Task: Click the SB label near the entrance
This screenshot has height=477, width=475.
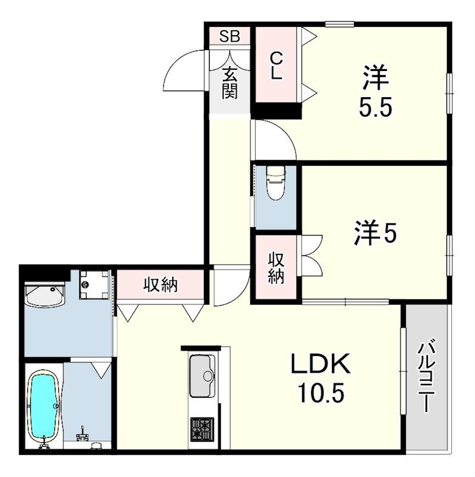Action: point(229,36)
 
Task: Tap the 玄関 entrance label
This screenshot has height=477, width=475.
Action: point(229,83)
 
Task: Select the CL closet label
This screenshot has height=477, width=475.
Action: point(275,66)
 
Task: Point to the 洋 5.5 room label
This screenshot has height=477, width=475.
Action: point(376,92)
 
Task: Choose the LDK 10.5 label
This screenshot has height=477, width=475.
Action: point(322,378)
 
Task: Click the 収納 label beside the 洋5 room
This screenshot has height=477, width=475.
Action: point(275,268)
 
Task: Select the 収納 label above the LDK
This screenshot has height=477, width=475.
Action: point(160,285)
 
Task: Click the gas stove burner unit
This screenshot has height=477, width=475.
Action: point(202,428)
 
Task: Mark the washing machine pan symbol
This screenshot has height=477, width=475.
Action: point(95,284)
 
